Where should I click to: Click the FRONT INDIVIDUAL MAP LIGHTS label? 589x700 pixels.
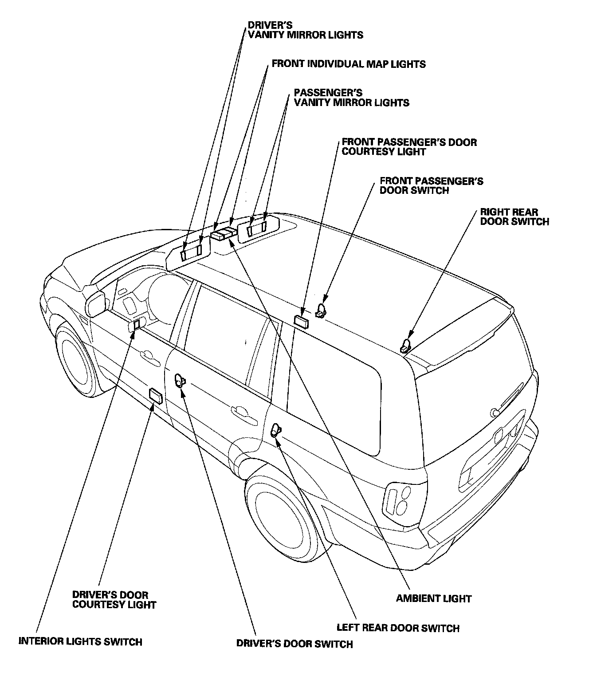pos(349,64)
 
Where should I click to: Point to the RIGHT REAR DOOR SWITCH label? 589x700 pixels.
pos(514,217)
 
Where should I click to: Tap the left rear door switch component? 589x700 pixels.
pos(276,430)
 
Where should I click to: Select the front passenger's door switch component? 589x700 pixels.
pos(321,311)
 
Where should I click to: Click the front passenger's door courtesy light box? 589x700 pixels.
pos(301,322)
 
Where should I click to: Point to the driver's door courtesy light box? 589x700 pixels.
pos(156,396)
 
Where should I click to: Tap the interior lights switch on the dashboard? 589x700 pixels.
pos(137,325)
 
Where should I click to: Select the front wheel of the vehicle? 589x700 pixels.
pos(75,359)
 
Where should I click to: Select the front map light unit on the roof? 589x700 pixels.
pos(224,232)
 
